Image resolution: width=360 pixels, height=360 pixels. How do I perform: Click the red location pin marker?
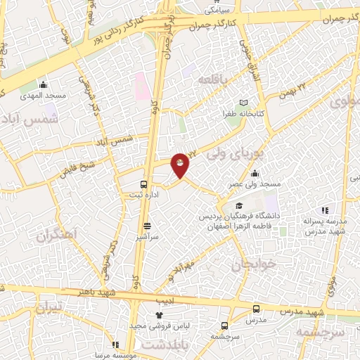click(181, 165)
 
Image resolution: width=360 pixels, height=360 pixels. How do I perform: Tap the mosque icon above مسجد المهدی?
click(43, 84)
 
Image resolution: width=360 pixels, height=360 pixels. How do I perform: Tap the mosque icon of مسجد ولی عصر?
click(255, 174)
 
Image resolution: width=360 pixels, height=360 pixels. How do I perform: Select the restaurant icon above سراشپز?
click(147, 226)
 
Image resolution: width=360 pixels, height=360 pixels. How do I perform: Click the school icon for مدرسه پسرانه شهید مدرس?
click(324, 210)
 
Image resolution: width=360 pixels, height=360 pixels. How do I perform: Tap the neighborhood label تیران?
click(49, 307)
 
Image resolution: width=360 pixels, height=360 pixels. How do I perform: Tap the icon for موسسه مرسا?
click(115, 345)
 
